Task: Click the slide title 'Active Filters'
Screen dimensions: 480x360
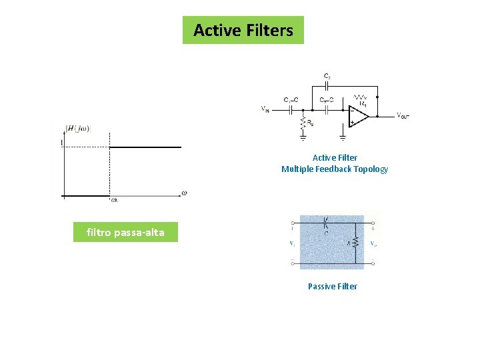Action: click(243, 30)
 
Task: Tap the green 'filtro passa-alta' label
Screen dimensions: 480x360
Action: click(125, 233)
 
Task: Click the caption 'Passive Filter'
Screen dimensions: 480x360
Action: click(332, 286)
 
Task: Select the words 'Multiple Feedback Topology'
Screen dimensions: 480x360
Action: click(334, 169)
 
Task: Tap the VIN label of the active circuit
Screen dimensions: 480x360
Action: click(266, 109)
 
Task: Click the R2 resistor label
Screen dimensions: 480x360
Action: click(311, 123)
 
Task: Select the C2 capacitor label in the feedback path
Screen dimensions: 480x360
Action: click(327, 77)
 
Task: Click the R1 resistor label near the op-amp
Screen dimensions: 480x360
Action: click(363, 103)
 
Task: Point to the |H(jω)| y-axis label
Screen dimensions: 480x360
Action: click(79, 129)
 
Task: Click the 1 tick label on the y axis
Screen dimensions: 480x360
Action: click(62, 143)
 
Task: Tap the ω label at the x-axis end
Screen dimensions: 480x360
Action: click(184, 193)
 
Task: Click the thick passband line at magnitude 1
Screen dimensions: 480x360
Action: click(145, 147)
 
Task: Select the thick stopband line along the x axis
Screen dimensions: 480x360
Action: click(86, 196)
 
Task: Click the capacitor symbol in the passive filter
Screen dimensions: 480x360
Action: click(326, 222)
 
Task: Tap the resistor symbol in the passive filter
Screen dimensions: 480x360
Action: click(356, 243)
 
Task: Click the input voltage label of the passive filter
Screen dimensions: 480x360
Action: click(293, 243)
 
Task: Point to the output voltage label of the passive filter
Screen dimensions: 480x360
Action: click(373, 243)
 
